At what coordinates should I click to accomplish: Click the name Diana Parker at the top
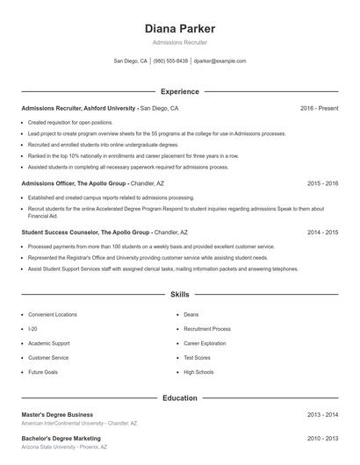coord(179,28)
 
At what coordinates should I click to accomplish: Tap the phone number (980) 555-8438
coord(170,61)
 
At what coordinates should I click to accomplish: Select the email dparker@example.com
coord(220,61)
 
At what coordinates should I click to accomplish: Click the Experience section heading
coord(179,91)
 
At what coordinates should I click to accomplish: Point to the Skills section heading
coord(179,294)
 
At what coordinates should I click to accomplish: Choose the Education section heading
coord(179,397)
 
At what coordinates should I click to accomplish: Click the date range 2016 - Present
coord(319,109)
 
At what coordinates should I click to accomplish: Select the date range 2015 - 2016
coord(322,183)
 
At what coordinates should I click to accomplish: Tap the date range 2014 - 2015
coord(322,232)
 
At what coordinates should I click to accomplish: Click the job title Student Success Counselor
coord(60,232)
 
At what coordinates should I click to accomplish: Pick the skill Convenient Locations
coord(53,314)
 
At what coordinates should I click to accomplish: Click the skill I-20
coord(32,328)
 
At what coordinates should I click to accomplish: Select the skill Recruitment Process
coord(207,328)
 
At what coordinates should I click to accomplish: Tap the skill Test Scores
coord(197,358)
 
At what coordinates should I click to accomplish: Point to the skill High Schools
coord(198,372)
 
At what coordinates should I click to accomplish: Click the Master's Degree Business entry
coord(57,414)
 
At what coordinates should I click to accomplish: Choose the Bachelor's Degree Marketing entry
coord(61,438)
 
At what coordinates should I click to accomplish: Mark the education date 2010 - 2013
coord(322,438)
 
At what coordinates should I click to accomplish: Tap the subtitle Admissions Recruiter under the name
coord(179,42)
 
